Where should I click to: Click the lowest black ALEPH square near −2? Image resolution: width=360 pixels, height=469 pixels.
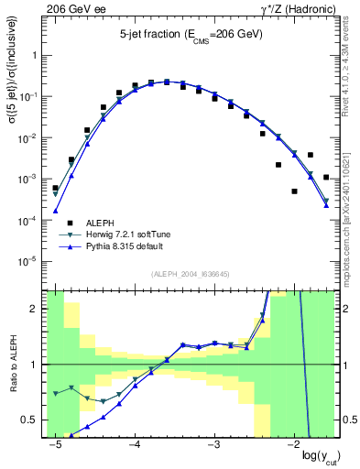pos(294,191)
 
